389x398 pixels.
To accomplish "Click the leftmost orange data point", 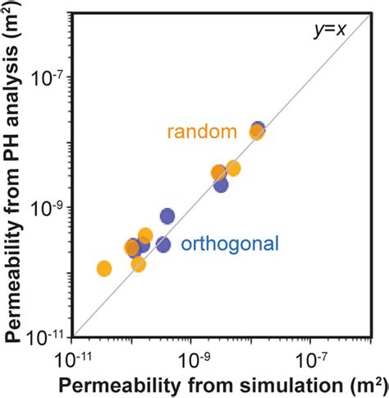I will coord(104,268).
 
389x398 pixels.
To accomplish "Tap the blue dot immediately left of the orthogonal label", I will coord(163,244).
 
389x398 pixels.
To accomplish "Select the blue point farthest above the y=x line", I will coord(167,216).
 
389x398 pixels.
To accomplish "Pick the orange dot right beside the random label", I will coord(257,132).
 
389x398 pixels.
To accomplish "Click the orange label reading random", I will coord(202,132).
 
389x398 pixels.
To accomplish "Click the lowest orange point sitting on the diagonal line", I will coord(138,264).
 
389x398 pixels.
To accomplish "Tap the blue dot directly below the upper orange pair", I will coord(221,185).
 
